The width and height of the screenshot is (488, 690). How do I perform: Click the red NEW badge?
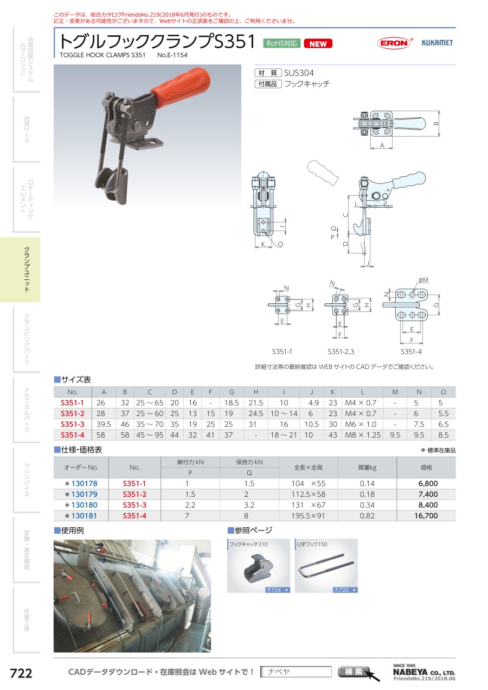318,43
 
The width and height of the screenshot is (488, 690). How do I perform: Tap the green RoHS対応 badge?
282,43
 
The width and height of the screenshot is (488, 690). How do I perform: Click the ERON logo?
394,43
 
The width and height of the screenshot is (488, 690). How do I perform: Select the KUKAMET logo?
437,43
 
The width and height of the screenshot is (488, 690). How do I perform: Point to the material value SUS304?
299,73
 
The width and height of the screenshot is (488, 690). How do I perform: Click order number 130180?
84,505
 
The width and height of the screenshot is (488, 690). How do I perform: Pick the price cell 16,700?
426,516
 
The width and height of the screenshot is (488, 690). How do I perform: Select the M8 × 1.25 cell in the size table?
363,435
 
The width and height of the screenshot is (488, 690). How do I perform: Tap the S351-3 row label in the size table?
72,424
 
